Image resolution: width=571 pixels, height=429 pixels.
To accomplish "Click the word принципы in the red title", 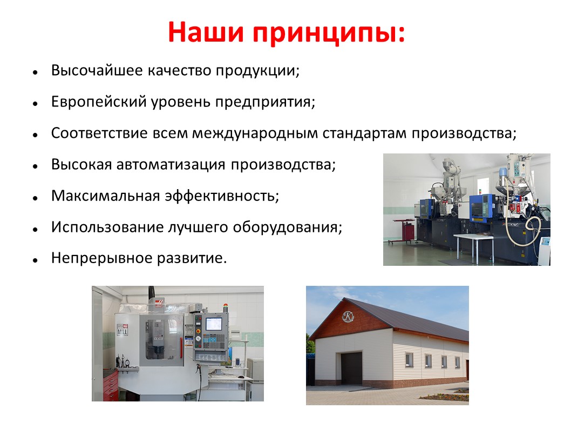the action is [x=329, y=33].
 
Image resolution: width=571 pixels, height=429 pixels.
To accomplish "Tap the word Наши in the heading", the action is [x=206, y=32].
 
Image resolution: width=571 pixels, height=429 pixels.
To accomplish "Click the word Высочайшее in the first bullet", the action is [x=97, y=70].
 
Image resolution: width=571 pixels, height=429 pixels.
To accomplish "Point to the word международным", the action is [x=255, y=133].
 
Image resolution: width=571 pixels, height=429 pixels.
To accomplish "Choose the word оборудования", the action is [x=287, y=227].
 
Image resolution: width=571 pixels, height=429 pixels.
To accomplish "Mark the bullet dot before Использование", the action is [x=35, y=229].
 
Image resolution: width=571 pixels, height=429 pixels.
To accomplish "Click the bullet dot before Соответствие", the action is [x=35, y=135].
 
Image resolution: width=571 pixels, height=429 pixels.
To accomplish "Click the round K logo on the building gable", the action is [x=348, y=317].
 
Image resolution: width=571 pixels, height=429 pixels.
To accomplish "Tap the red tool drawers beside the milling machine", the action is [x=110, y=385].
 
